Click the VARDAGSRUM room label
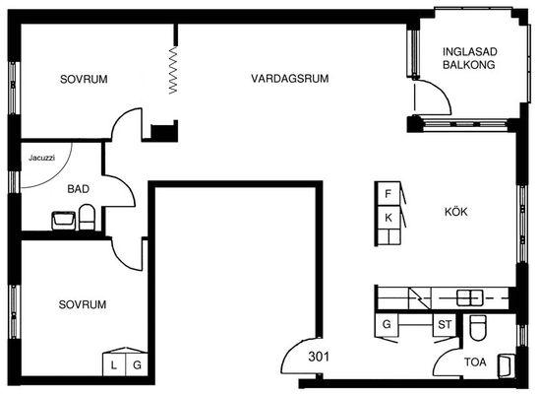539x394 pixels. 290,79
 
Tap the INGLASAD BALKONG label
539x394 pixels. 469,58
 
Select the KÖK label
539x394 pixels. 456,212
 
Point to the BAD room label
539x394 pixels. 78,189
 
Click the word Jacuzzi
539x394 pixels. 41,158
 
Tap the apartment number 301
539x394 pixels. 319,357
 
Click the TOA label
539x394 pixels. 475,362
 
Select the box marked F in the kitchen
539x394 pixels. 389,194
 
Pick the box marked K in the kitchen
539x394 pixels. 389,218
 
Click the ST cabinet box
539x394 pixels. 445,324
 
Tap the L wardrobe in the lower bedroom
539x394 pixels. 114,364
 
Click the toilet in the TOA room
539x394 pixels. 477,327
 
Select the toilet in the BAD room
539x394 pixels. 87,217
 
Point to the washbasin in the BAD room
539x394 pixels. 63,221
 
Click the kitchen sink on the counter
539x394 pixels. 469,297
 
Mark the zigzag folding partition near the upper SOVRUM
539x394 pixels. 173,70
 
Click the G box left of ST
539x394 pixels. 387,324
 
